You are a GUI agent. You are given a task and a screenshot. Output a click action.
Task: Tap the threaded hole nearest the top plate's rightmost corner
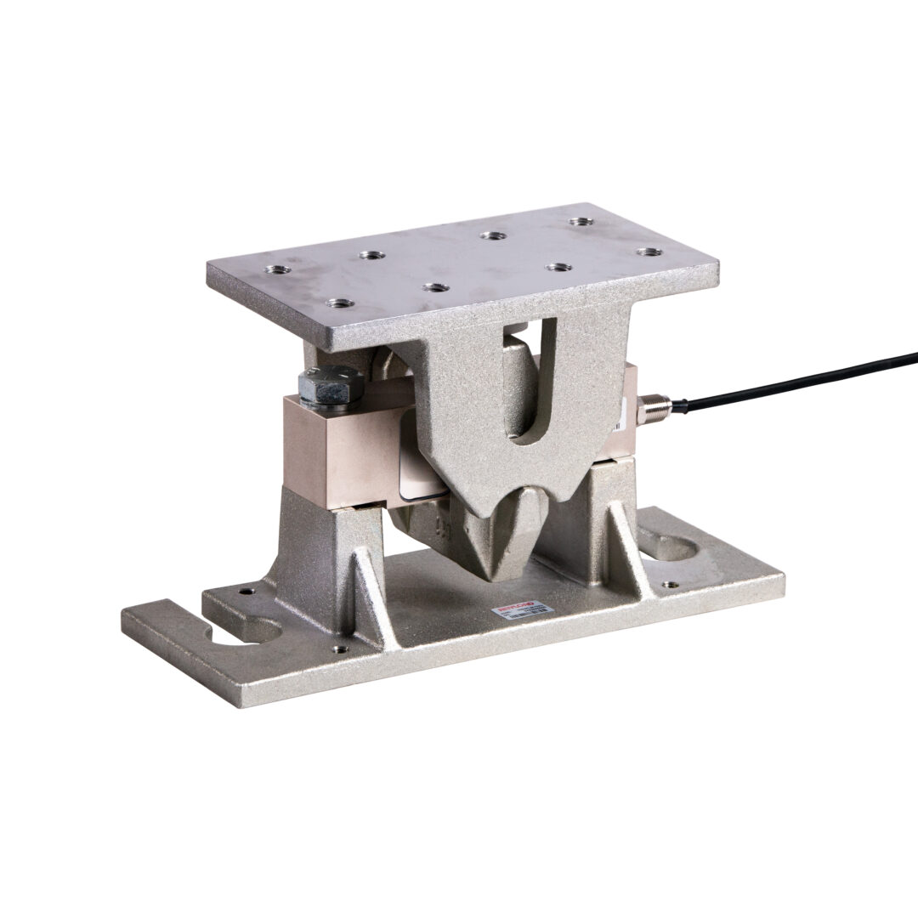(x=649, y=252)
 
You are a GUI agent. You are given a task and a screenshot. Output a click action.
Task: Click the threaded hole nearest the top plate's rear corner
(x=581, y=222)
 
